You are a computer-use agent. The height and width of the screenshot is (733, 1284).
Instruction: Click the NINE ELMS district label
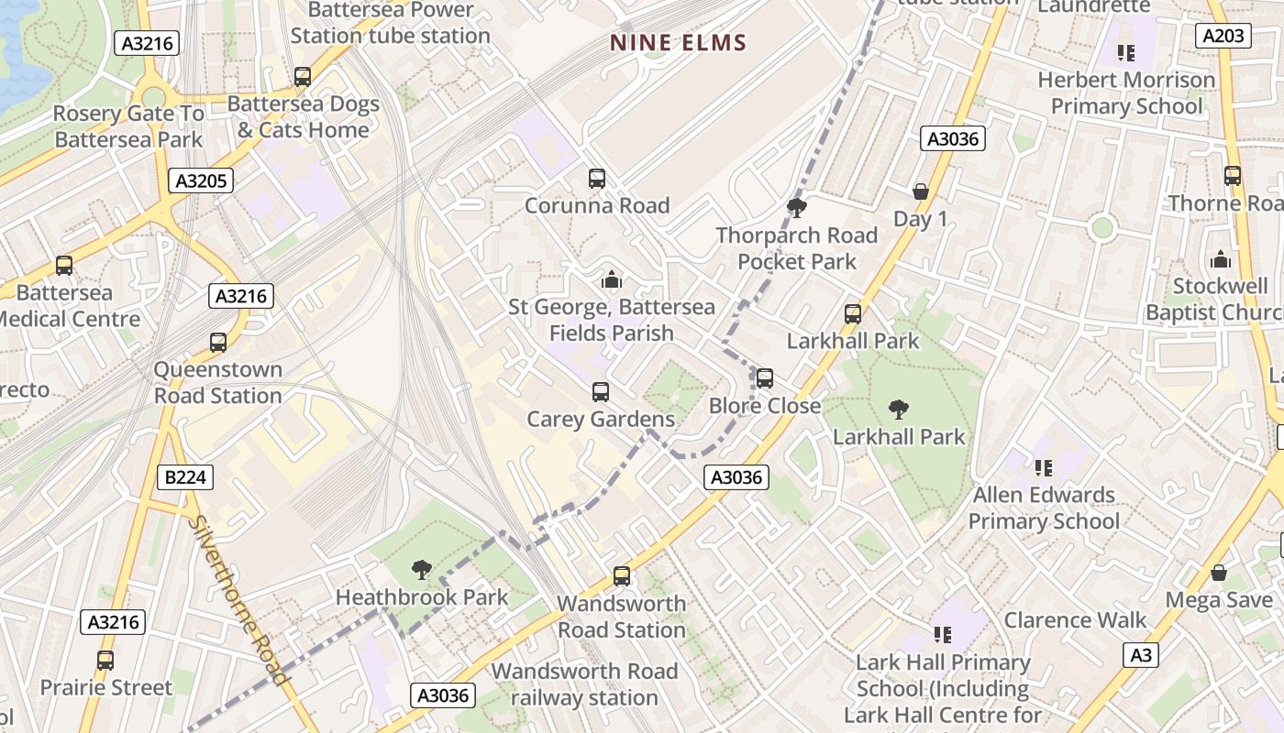679,42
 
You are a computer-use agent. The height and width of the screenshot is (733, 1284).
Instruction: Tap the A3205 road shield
201,181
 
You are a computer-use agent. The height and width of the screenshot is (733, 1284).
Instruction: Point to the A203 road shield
1223,36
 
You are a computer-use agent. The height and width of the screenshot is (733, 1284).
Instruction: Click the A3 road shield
1140,655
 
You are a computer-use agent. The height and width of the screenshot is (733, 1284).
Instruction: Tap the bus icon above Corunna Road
597,178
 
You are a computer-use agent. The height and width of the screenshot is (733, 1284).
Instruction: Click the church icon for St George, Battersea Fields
611,280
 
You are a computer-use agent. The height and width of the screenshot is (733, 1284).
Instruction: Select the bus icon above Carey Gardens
601,392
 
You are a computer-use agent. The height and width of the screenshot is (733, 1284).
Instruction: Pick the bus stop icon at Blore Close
764,377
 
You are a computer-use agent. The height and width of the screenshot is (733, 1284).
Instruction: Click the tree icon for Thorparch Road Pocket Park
796,208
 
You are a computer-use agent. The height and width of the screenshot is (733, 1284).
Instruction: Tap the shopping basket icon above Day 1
920,191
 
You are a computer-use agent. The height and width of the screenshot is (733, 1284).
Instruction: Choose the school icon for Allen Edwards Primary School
1044,468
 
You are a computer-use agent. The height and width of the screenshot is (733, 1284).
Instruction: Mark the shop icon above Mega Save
1219,574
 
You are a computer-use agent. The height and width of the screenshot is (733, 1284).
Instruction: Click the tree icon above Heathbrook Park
422,570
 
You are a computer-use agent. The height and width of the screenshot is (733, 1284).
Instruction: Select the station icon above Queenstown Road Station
218,343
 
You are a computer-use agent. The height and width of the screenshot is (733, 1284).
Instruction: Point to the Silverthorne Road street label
239,600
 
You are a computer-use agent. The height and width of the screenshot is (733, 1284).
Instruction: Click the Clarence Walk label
1075,620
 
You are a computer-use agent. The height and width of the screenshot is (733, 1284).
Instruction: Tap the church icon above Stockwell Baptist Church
1220,259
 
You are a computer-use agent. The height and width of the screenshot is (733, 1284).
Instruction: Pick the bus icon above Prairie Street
105,660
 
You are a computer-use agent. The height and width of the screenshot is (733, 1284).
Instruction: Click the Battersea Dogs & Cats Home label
303,117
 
